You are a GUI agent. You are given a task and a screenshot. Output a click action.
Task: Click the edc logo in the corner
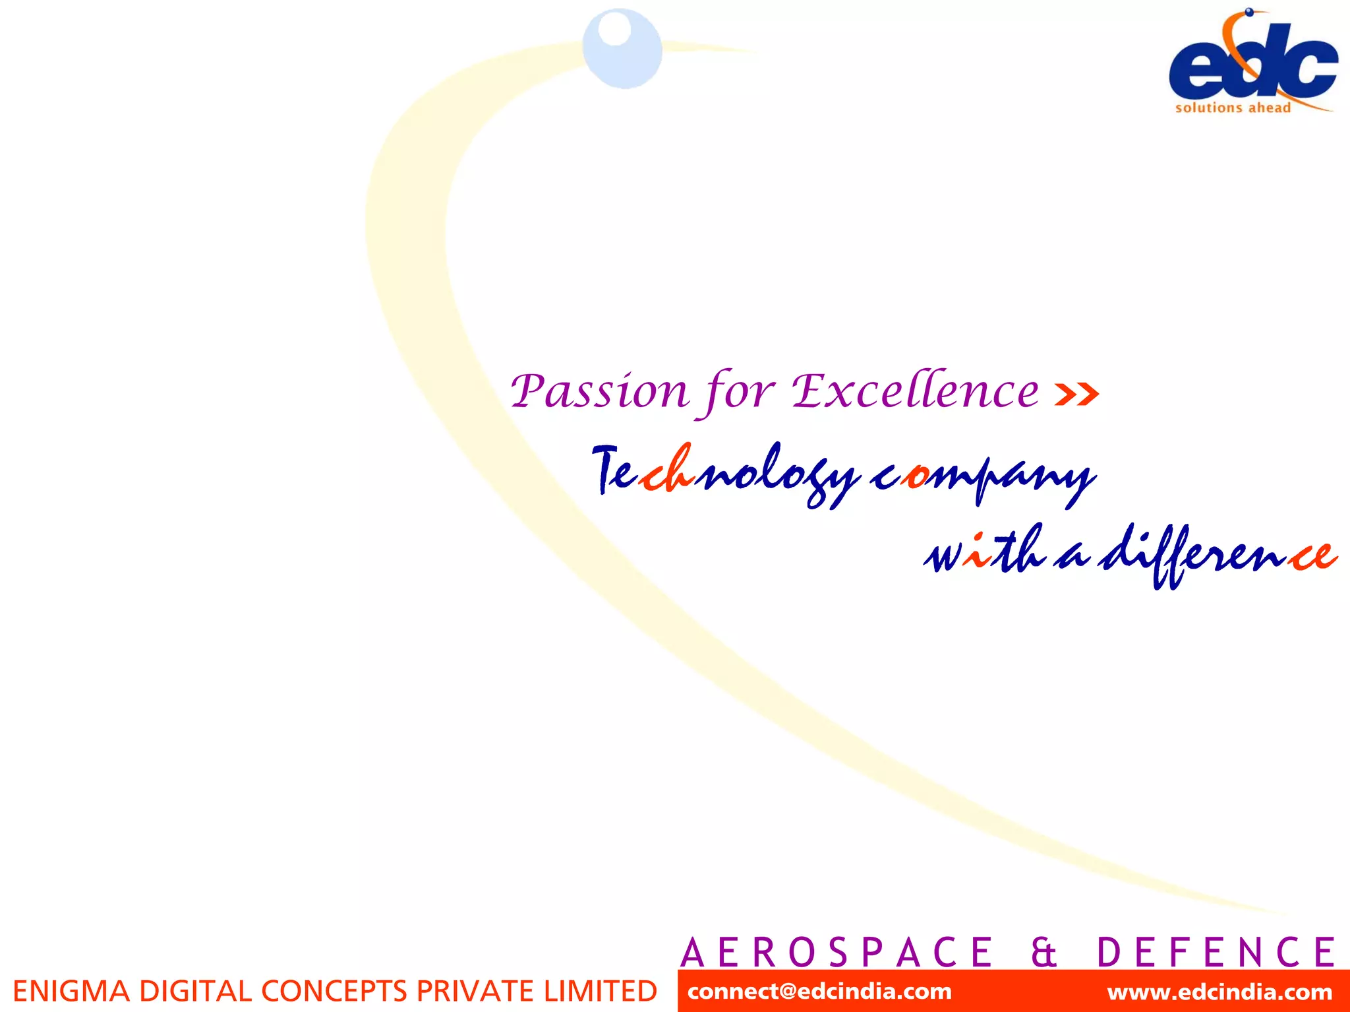tap(1252, 63)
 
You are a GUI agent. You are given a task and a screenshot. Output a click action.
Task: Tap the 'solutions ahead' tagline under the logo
tap(1233, 108)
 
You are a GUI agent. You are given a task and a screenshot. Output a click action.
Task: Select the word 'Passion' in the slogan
tap(600, 391)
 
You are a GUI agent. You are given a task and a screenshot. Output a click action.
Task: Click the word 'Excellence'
tap(915, 391)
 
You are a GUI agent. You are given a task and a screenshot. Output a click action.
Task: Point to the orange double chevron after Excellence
tap(1076, 394)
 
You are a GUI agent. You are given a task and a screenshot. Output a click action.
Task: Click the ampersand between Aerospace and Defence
tap(1043, 952)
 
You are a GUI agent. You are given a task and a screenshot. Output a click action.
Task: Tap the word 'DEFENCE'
tap(1216, 952)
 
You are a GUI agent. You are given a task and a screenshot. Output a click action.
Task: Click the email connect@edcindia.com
tap(819, 992)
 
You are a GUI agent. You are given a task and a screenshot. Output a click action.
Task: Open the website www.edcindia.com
tap(1219, 992)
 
